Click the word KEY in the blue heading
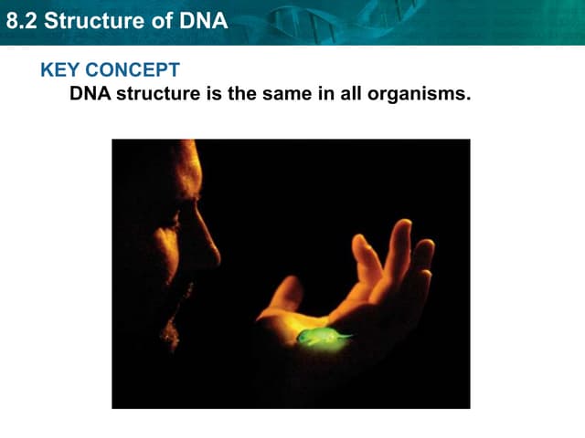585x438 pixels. (x=59, y=70)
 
